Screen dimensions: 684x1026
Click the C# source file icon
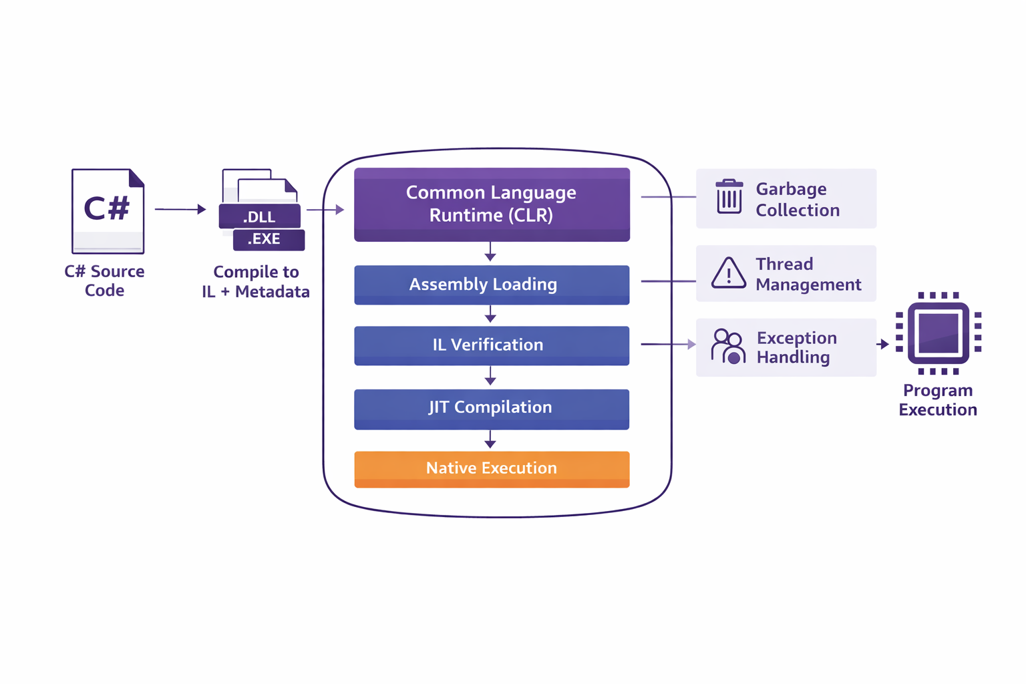pyautogui.click(x=108, y=211)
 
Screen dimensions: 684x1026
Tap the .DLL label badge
pyautogui.click(x=259, y=217)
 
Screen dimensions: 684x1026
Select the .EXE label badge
pyautogui.click(x=269, y=239)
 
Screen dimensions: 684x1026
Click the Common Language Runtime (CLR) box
pyautogui.click(x=492, y=204)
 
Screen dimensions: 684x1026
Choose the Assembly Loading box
pyautogui.click(x=492, y=285)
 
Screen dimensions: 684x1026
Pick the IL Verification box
pyautogui.click(x=492, y=345)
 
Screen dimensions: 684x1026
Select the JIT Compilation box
pyautogui.click(x=492, y=408)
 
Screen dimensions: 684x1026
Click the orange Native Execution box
pyautogui.click(x=492, y=469)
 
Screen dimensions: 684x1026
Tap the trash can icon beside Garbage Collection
pyautogui.click(x=729, y=197)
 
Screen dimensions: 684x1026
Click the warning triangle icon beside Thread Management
pyautogui.click(x=729, y=273)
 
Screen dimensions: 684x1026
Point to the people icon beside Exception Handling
pyautogui.click(x=728, y=347)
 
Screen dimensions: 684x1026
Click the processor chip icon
pyautogui.click(x=938, y=333)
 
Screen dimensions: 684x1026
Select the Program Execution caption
pyautogui.click(x=938, y=400)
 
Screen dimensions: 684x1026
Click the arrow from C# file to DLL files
pyautogui.click(x=180, y=209)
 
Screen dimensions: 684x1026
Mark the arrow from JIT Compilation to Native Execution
pyautogui.click(x=490, y=440)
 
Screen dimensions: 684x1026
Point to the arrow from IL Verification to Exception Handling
pyautogui.click(x=668, y=344)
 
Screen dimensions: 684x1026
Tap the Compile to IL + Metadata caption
pyautogui.click(x=256, y=282)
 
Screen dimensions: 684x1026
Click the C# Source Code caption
pyautogui.click(x=104, y=281)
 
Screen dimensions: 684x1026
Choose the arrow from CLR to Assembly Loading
pyautogui.click(x=490, y=252)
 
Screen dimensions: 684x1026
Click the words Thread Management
pyautogui.click(x=808, y=275)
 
